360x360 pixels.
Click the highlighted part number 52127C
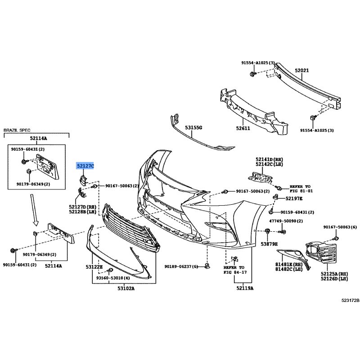(85, 166)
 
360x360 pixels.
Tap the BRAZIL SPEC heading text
(17, 130)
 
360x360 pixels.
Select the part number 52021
(302, 70)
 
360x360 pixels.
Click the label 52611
(243, 128)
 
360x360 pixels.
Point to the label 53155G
(193, 127)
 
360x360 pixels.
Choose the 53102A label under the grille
(126, 288)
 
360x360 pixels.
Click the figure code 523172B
(351, 300)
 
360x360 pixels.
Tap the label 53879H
(269, 244)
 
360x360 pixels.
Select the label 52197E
(294, 198)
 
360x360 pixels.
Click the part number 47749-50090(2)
(286, 221)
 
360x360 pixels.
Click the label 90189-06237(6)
(181, 266)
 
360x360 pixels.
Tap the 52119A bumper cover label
(245, 288)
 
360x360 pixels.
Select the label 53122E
(94, 267)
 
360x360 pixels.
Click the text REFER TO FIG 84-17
(235, 270)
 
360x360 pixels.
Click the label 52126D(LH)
(334, 279)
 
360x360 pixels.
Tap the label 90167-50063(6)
(340, 227)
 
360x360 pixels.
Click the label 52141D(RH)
(269, 159)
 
